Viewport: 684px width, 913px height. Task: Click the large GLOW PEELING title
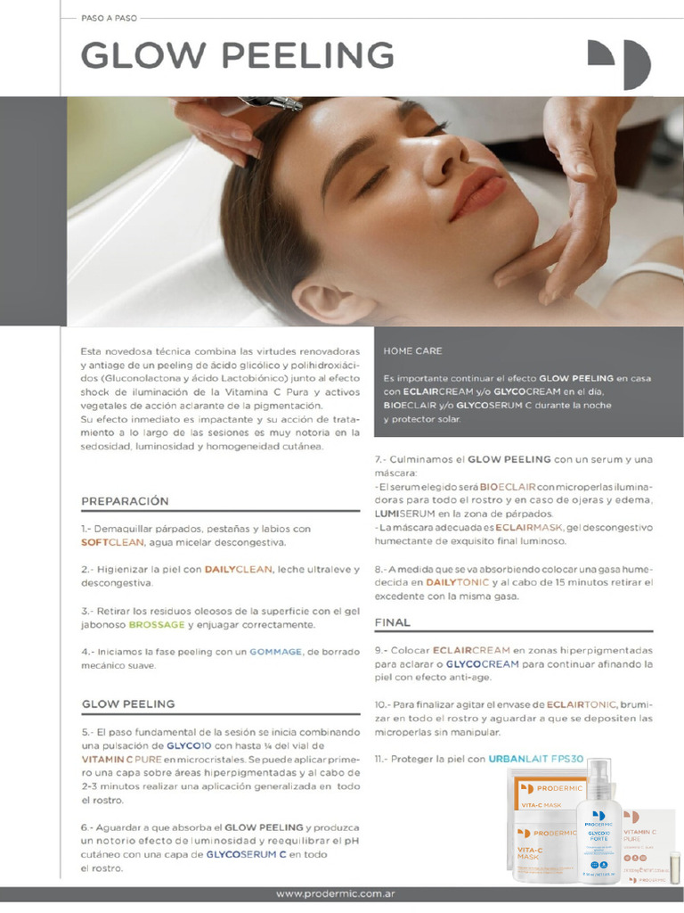tap(237, 55)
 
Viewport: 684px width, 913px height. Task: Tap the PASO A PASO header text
tap(110, 17)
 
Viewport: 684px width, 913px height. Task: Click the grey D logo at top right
tap(618, 63)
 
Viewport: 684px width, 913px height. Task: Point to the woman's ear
tap(330, 299)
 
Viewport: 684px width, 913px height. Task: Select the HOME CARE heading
tap(413, 351)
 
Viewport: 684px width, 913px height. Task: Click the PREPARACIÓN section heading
tap(125, 501)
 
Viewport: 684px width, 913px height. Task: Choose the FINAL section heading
tap(392, 622)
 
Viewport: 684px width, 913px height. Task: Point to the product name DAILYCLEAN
tap(238, 569)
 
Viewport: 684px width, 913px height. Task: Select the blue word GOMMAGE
tap(276, 652)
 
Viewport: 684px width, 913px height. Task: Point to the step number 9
tap(379, 651)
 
